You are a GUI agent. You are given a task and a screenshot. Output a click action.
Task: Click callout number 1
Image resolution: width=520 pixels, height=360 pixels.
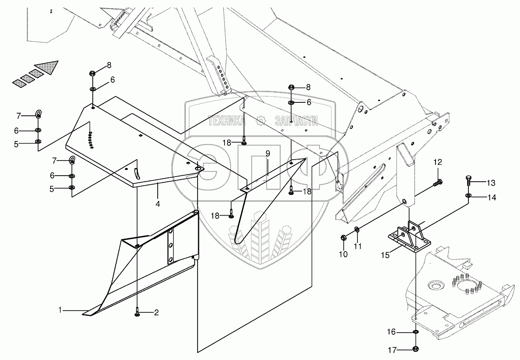(x=61, y=310)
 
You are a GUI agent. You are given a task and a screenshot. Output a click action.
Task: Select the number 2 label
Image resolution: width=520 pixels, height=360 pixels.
(x=156, y=312)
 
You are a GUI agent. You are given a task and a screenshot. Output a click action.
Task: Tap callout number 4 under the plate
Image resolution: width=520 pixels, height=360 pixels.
(x=158, y=203)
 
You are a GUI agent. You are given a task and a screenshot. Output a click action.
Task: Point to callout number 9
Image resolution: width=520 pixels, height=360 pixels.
(x=268, y=153)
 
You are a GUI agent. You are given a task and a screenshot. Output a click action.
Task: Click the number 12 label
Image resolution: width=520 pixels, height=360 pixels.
(x=438, y=163)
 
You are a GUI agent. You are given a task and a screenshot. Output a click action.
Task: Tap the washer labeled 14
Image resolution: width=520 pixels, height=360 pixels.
(x=468, y=196)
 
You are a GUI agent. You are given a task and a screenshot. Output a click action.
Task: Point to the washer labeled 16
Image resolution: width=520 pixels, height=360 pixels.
(x=415, y=332)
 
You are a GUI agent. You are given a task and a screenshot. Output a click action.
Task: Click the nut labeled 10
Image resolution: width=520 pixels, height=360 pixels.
(x=343, y=238)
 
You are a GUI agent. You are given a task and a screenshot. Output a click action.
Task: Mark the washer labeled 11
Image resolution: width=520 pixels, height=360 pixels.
(x=356, y=229)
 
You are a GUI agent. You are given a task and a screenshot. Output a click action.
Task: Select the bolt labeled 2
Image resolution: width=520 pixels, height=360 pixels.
(x=137, y=311)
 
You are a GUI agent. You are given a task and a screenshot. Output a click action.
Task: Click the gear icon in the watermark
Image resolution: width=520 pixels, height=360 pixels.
(x=260, y=121)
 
